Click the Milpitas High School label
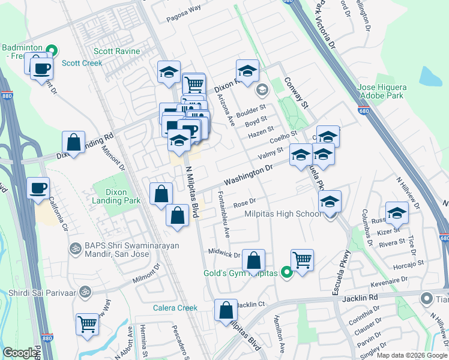pos(283,214)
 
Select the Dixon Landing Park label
pos(111,197)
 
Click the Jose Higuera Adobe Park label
pos(382,91)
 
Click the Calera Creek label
pos(178,308)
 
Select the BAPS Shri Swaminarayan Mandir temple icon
pos(76,247)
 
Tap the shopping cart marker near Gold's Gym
pos(302,260)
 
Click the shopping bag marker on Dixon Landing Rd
pos(73,143)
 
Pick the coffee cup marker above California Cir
pos(38,188)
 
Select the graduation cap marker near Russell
pos(397,212)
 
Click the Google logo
pos(20,353)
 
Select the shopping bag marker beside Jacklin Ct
pos(226,310)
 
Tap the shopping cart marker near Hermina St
pos(87,324)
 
